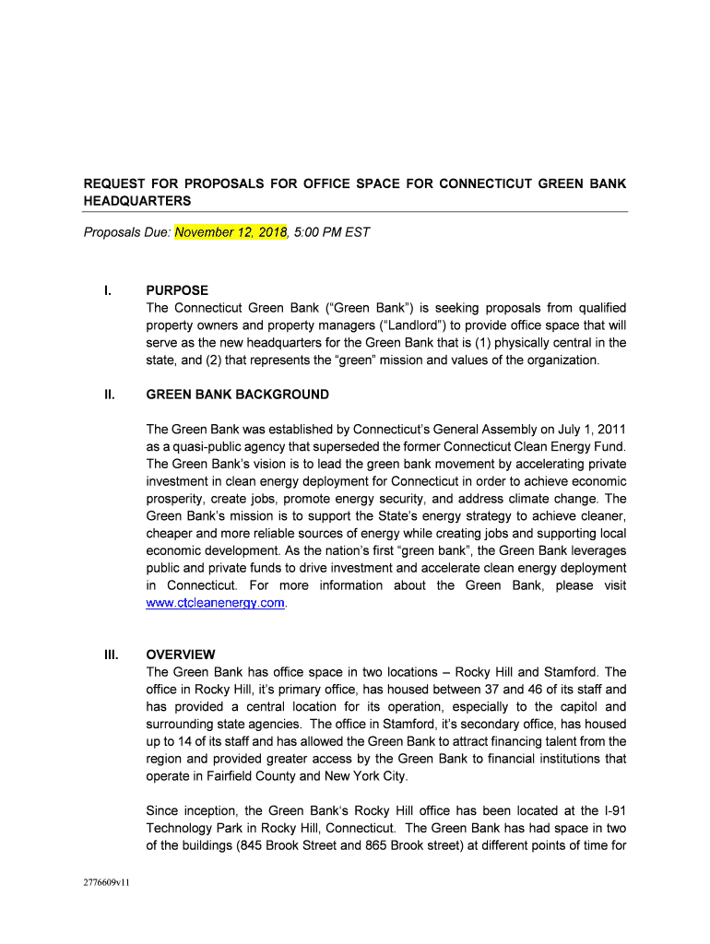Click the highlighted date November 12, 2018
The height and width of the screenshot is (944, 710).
pos(231,232)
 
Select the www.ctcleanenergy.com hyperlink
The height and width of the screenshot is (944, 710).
pos(216,603)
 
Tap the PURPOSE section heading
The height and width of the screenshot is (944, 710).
pos(177,290)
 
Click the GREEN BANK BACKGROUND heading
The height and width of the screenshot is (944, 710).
pos(237,395)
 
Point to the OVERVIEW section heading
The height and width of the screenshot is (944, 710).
pos(181,655)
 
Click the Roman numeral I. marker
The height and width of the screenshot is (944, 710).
pos(108,290)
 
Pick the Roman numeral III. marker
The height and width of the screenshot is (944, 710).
pos(111,655)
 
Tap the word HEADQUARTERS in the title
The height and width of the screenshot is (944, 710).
pos(137,201)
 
